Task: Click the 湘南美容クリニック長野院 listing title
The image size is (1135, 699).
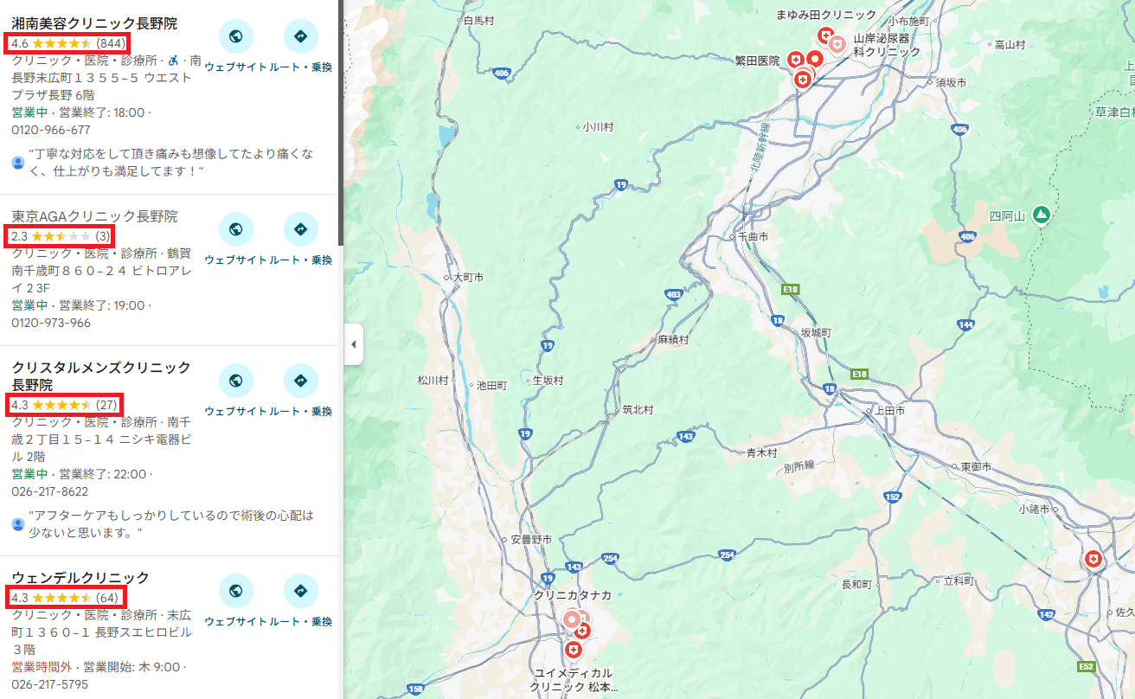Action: [94, 23]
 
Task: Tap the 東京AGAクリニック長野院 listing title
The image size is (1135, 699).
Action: [94, 216]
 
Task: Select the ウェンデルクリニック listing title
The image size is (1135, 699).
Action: [80, 577]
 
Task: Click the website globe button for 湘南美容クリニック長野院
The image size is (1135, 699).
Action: [235, 36]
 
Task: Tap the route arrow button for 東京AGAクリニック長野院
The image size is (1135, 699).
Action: [300, 229]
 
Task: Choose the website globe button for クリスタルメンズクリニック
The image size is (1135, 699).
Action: [235, 381]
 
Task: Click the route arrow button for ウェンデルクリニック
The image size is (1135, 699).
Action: [300, 591]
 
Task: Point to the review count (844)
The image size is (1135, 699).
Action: [111, 43]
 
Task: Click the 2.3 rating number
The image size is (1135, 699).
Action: [20, 236]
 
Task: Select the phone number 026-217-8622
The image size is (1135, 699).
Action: [49, 491]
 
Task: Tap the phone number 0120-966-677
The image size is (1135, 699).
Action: [51, 131]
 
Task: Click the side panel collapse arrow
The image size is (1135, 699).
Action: [353, 345]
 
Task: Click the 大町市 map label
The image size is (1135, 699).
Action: [469, 278]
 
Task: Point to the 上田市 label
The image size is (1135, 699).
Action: [889, 411]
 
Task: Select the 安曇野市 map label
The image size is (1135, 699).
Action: [531, 540]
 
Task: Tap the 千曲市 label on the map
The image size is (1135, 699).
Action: [751, 236]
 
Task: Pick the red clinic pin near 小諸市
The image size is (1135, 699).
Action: [1094, 560]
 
